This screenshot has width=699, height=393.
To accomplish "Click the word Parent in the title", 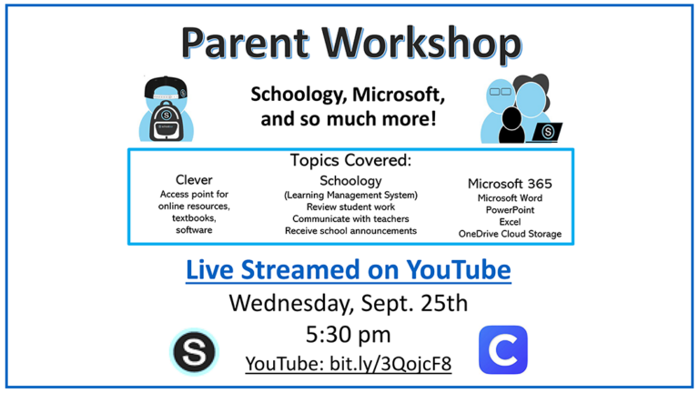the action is tap(244, 44).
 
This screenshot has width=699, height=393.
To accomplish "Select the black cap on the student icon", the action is tap(166, 87).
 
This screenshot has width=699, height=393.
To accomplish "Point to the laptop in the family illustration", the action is tap(546, 132).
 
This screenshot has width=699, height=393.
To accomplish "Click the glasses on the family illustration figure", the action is tap(501, 92).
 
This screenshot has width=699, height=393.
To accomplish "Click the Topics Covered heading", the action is tap(350, 160).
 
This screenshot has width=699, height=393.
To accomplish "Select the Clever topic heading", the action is tap(194, 179).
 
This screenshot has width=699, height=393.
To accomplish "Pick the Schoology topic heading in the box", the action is tap(350, 181).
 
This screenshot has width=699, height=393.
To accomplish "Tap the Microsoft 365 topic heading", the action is tap(510, 184).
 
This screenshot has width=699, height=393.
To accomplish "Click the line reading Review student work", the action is tap(350, 207).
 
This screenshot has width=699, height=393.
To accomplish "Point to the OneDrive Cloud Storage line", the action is tap(510, 234).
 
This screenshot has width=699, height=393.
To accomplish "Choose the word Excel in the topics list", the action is tap(510, 222).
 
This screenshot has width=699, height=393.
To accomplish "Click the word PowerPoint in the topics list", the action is tap(510, 210).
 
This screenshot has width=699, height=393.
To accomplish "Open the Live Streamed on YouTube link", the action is tap(349, 270).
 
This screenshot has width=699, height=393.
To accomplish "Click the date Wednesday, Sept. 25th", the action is tap(349, 304).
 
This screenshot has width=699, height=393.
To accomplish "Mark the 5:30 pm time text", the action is tap(349, 335).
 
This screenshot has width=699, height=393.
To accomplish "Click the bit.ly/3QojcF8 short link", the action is tap(390, 364).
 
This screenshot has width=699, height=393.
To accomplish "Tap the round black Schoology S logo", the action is tap(195, 352).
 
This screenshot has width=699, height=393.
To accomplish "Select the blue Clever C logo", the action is tap(503, 349).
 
